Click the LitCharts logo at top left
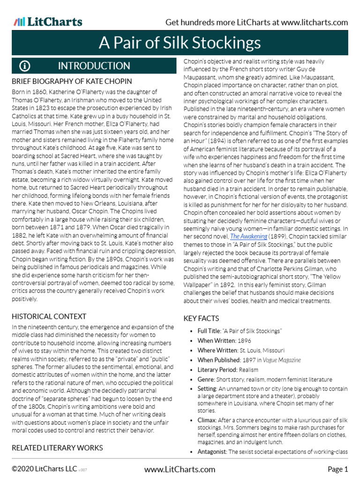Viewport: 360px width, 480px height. [48, 22]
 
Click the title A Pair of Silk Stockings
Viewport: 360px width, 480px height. [180, 43]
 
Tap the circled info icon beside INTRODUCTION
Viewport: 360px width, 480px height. [25, 66]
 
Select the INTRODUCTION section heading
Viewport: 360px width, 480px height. [94, 66]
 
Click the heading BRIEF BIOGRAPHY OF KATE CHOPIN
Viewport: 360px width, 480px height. [72, 82]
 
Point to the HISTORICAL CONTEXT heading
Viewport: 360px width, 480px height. [49, 316]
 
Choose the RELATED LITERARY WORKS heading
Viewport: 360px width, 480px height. [57, 448]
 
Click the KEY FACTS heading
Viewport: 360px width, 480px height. [202, 318]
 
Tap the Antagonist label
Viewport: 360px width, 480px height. [212, 451]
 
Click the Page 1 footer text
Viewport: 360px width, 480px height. [337, 469]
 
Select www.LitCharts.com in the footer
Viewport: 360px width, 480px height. [180, 469]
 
